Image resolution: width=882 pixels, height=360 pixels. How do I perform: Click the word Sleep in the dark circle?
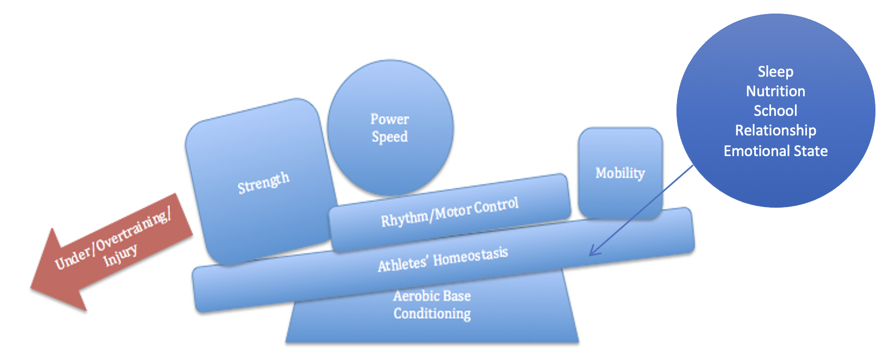click(x=775, y=72)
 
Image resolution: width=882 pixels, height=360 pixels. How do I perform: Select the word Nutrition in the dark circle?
click(x=775, y=91)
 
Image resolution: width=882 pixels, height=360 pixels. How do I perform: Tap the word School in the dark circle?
click(x=775, y=111)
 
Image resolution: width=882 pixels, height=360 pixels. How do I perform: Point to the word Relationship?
click(x=775, y=131)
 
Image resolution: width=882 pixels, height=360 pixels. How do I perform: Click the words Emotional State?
click(x=775, y=151)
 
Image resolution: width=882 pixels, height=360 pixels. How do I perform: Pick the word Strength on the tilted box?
click(x=264, y=183)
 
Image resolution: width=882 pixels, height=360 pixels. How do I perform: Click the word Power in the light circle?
click(x=389, y=119)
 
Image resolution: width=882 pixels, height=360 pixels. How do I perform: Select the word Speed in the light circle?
click(x=389, y=136)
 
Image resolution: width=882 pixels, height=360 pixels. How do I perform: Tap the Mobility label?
click(x=620, y=173)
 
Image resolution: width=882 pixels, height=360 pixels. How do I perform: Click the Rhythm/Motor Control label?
click(x=450, y=213)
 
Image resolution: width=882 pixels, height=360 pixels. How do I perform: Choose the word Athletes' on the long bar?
click(x=402, y=264)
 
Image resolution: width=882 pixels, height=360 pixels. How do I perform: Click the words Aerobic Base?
click(x=432, y=296)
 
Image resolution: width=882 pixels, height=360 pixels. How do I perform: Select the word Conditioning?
click(x=432, y=314)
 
